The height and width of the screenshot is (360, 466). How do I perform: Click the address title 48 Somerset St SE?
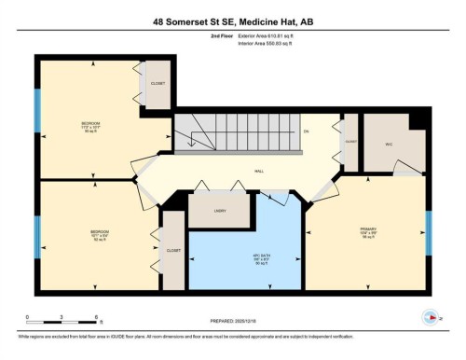tap(232, 21)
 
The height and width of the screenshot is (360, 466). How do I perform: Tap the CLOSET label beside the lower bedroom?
tap(173, 250)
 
